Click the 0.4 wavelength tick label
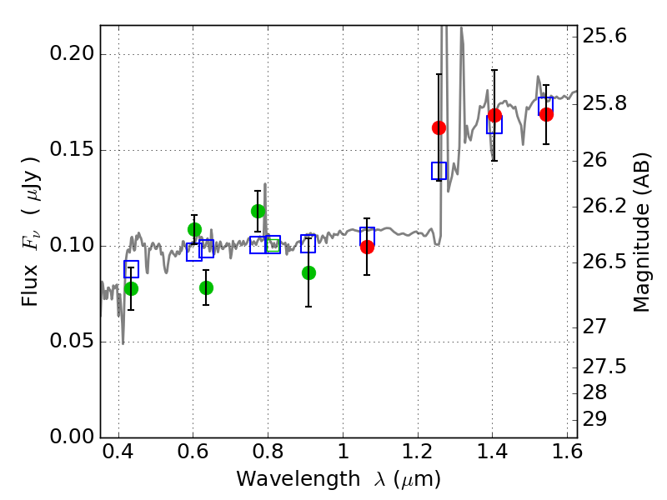click(x=119, y=456)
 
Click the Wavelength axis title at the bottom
click(x=339, y=479)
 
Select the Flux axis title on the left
click(x=31, y=232)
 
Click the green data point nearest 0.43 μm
click(x=131, y=288)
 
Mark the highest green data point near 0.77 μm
click(x=258, y=211)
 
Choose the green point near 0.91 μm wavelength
click(x=308, y=272)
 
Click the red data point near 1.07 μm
click(x=367, y=247)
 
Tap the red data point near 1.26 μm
click(x=439, y=127)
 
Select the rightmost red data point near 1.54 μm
click(x=546, y=114)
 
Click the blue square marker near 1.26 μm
click(x=439, y=171)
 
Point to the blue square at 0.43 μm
click(x=131, y=269)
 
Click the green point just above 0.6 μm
click(x=194, y=229)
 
